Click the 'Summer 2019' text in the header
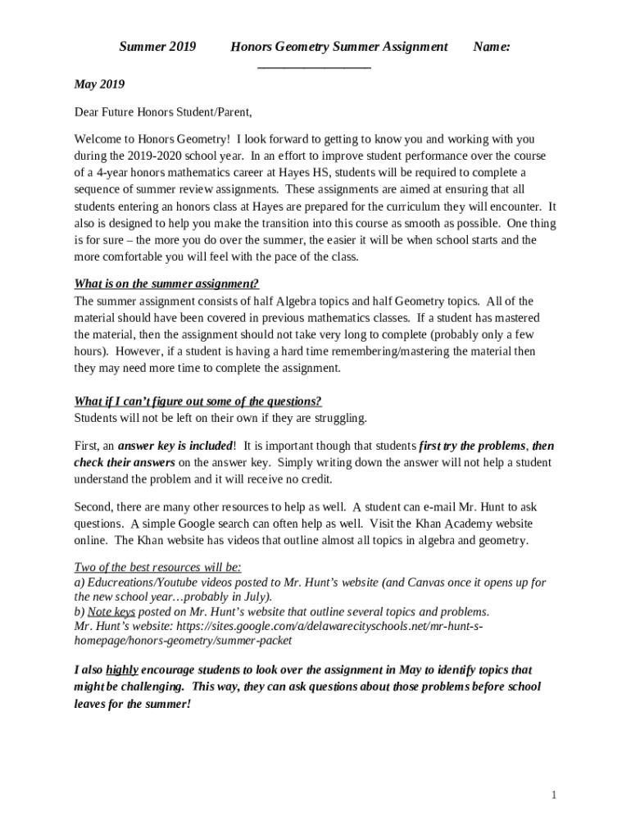click(157, 47)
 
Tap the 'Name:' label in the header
click(493, 47)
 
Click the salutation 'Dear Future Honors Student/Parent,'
click(163, 111)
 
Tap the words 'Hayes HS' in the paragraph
click(306, 173)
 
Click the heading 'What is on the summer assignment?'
click(166, 284)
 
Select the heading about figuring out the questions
click(197, 401)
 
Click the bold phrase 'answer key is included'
click(175, 446)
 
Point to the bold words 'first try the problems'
click(471, 446)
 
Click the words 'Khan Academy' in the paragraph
click(460, 524)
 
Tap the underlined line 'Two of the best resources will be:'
click(157, 567)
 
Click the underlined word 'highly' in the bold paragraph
click(122, 669)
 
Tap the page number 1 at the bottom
click(554, 796)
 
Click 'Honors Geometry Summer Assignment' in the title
click(338, 47)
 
